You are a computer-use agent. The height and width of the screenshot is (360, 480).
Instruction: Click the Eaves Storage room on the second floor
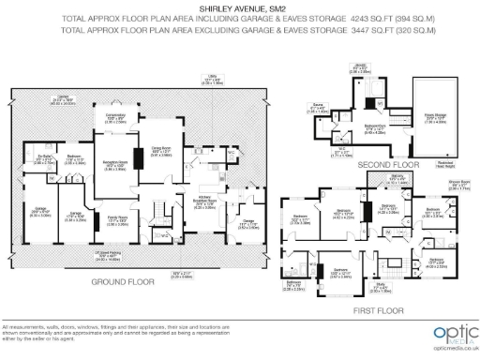pyautogui.click(x=435, y=117)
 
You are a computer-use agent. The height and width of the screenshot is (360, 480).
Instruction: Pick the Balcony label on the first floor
pyautogui.click(x=396, y=176)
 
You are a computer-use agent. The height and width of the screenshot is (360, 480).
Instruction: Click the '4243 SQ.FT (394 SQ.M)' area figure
pyautogui.click(x=404, y=17)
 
